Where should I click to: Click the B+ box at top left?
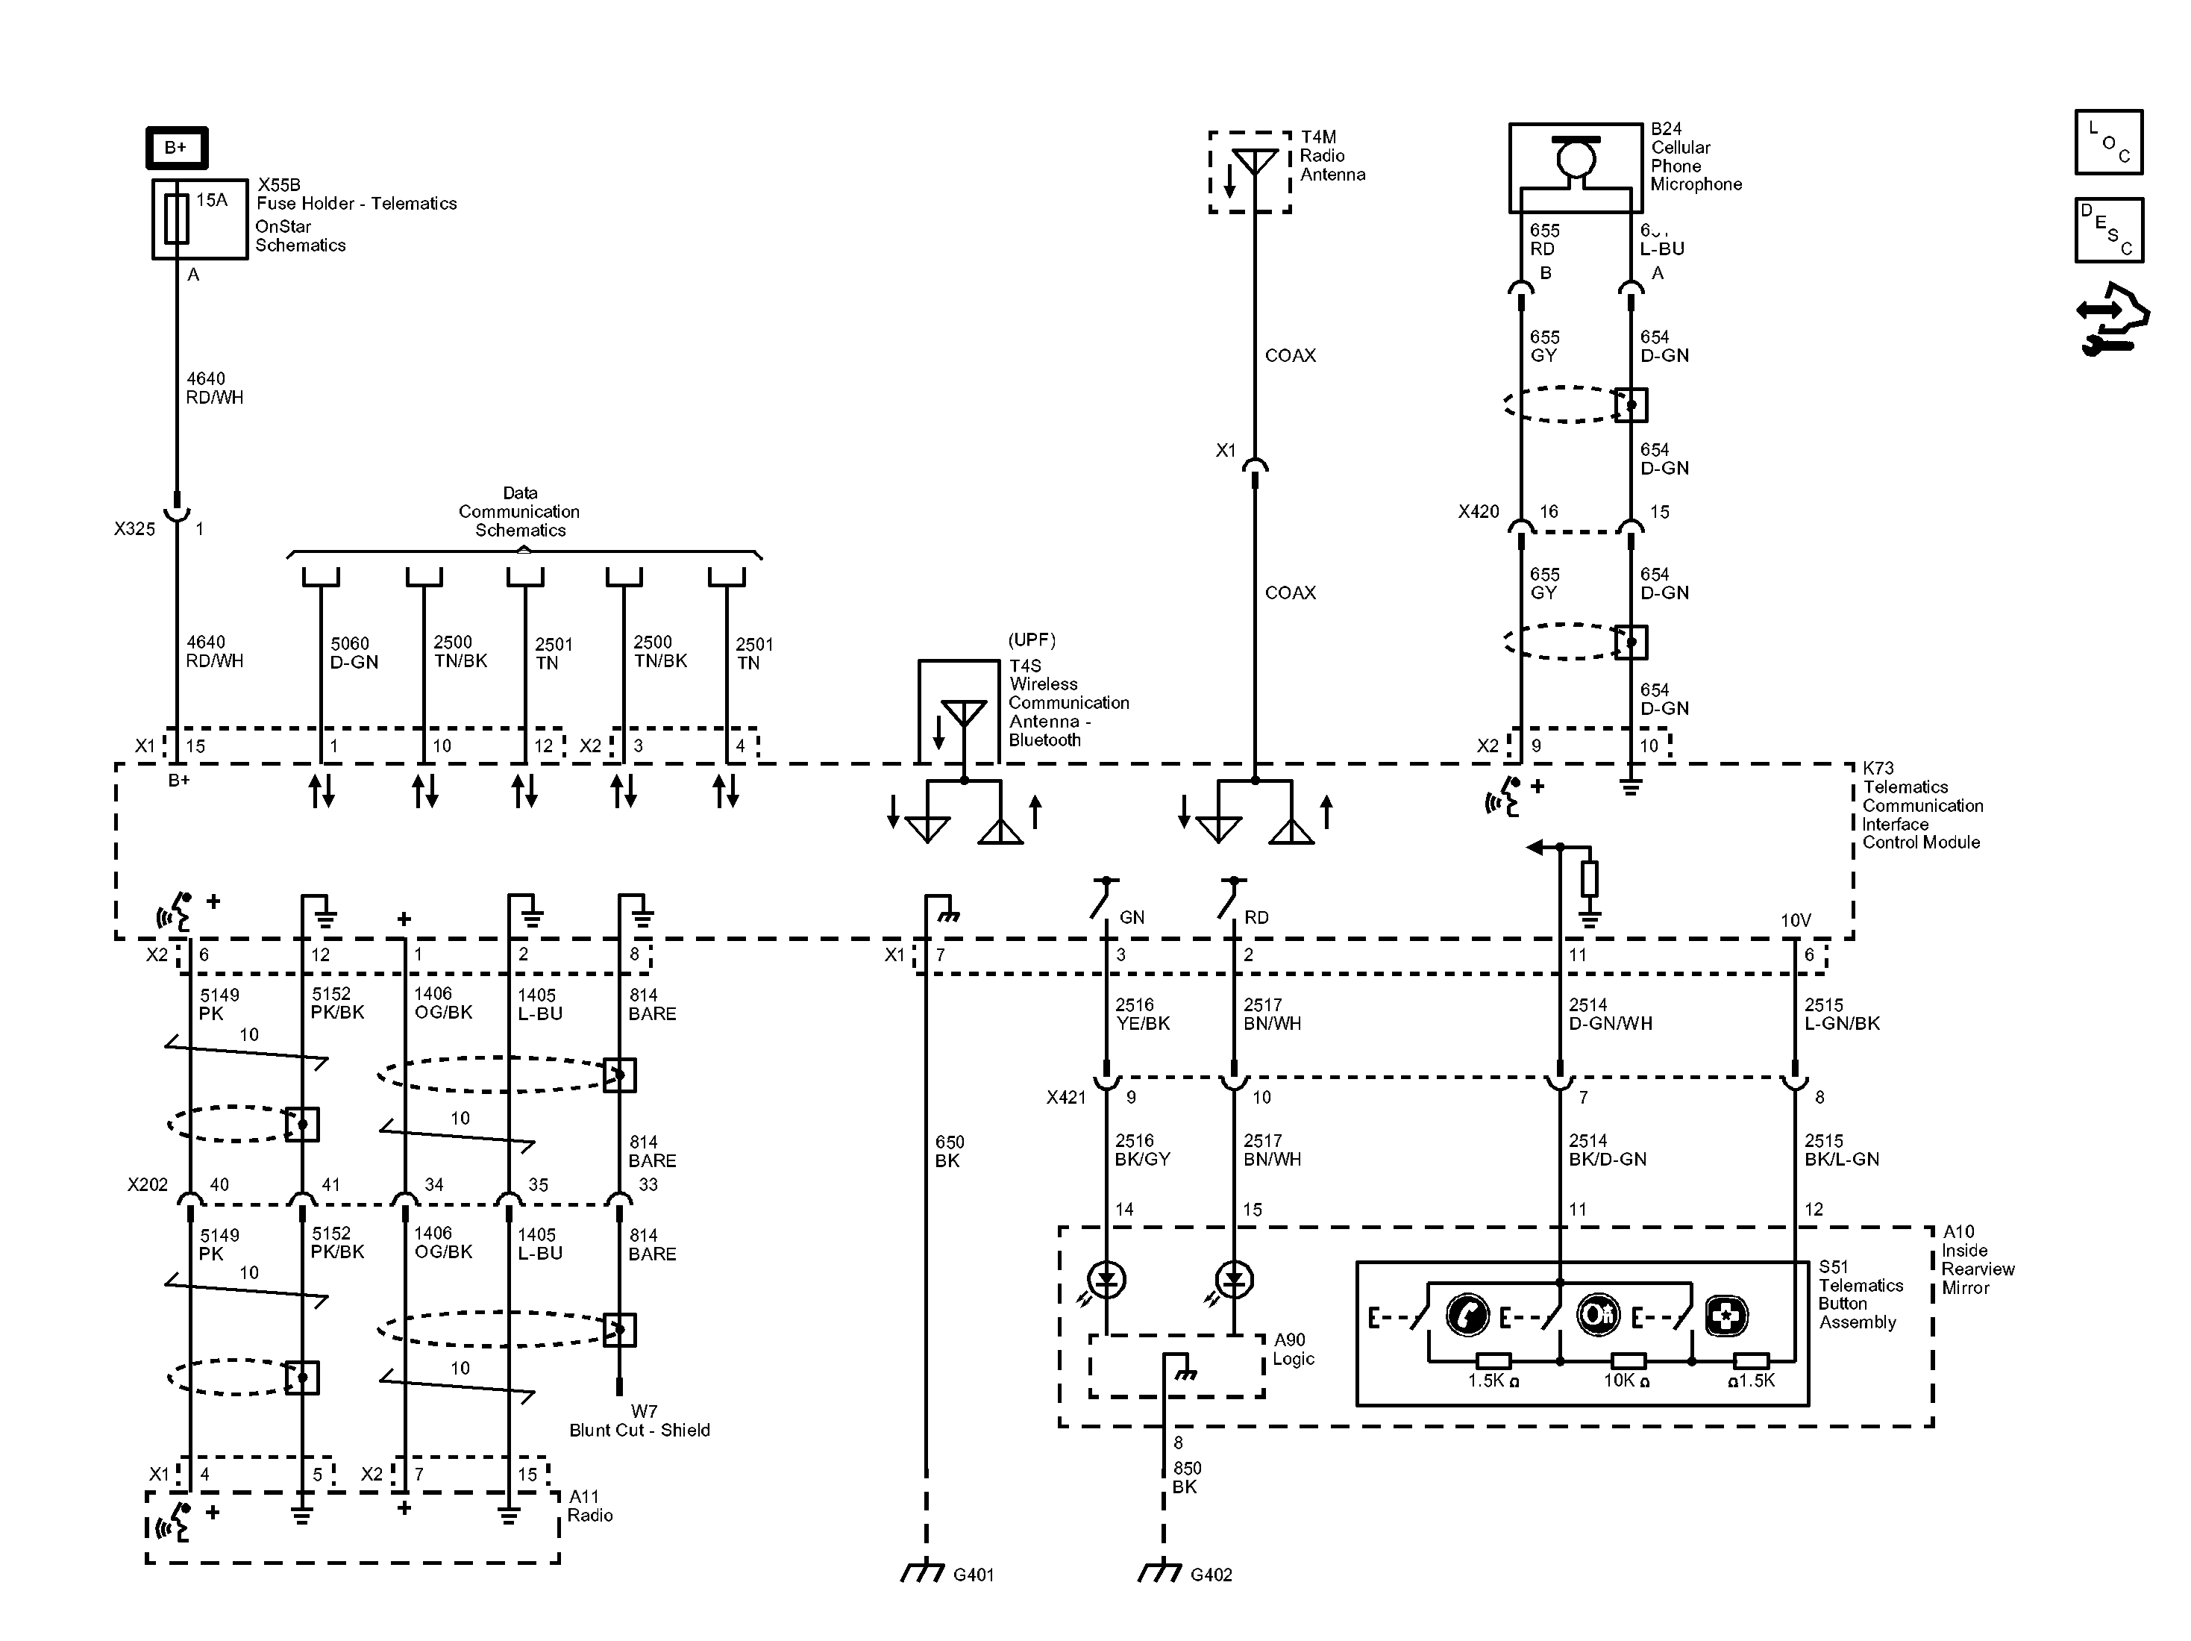point(176,148)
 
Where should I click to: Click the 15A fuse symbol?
point(176,219)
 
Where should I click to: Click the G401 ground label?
point(973,1575)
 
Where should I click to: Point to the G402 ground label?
point(1211,1575)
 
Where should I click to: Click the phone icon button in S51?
point(1467,1315)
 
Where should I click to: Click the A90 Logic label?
point(1293,1348)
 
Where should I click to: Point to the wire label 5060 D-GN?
point(354,653)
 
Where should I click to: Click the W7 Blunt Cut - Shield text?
point(640,1421)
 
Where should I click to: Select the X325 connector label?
point(135,529)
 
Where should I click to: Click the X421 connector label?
point(1066,1097)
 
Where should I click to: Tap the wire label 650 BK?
point(949,1151)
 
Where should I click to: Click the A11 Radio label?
point(589,1505)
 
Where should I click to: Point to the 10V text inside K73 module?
point(1795,921)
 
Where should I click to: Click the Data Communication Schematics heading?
point(519,511)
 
